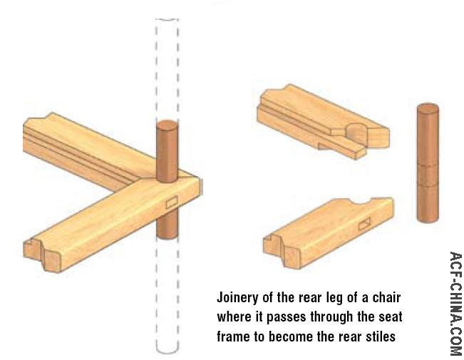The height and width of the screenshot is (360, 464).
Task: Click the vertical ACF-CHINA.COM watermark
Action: pos(455,303)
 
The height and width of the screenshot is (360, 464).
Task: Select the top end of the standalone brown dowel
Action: pos(428,108)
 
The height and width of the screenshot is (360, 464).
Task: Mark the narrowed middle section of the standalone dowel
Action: pos(428,175)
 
